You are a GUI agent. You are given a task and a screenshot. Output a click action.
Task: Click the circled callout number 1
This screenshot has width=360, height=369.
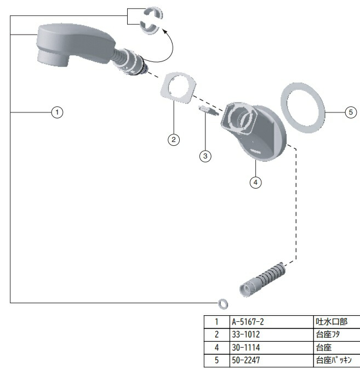click(57, 112)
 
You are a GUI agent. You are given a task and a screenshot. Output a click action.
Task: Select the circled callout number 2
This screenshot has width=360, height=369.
click(174, 140)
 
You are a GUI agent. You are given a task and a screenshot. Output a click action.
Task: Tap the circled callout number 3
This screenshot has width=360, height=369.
click(205, 156)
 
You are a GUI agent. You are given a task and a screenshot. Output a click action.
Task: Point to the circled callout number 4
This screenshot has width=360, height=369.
click(255, 183)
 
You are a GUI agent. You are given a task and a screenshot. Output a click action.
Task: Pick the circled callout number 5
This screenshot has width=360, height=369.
click(351, 112)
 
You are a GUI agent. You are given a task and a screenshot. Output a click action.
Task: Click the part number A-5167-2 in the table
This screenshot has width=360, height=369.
click(248, 322)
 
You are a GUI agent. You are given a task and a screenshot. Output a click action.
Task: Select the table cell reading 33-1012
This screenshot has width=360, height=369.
click(245, 334)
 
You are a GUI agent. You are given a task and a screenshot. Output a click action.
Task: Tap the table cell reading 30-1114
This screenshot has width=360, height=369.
click(245, 348)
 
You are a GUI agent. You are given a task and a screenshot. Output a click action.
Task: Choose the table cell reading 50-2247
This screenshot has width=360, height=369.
click(245, 360)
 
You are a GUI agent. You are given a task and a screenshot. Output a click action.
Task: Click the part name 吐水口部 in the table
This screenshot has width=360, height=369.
click(332, 322)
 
